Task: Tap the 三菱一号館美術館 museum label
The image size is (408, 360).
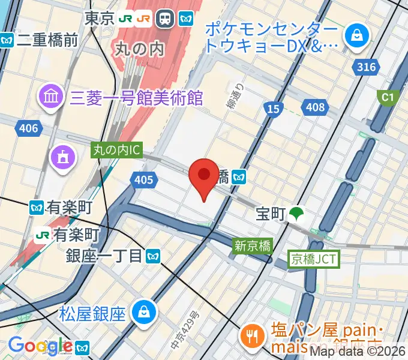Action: pyautogui.click(x=137, y=97)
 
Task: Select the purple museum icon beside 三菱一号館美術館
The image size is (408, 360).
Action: pyautogui.click(x=50, y=95)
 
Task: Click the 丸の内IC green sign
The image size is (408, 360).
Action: pyautogui.click(x=116, y=151)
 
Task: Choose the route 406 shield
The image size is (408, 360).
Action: pyautogui.click(x=28, y=128)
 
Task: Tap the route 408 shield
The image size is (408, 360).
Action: pyautogui.click(x=314, y=108)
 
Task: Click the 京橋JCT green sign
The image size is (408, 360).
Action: pyautogui.click(x=314, y=259)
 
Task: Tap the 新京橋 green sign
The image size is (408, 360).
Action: pyautogui.click(x=253, y=245)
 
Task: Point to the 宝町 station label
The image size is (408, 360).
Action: pyautogui.click(x=271, y=214)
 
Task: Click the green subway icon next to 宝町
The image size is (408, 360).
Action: pyautogui.click(x=296, y=213)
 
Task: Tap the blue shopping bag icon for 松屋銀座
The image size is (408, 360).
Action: pyautogui.click(x=145, y=311)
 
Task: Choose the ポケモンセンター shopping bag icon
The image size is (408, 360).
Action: pyautogui.click(x=357, y=35)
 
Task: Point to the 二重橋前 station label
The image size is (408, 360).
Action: pyautogui.click(x=47, y=40)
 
